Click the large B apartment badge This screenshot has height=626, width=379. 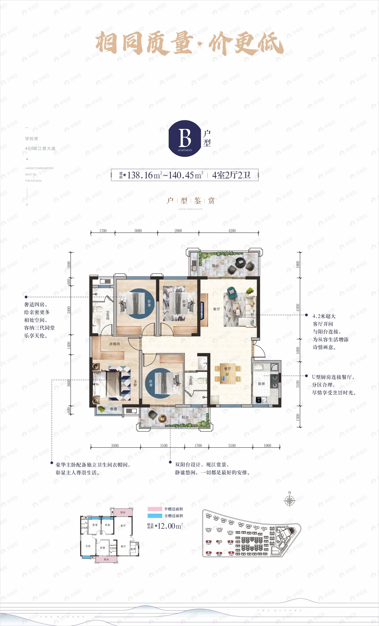pos(185,138)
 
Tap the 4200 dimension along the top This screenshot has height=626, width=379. pos(232,231)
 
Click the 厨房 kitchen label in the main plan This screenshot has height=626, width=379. pos(261,384)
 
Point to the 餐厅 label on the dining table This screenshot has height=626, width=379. pos(227,369)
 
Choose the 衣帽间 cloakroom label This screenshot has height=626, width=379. pos(115,344)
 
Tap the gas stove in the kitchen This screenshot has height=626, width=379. pos(274,381)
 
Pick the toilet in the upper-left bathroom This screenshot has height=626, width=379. pos(97,309)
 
